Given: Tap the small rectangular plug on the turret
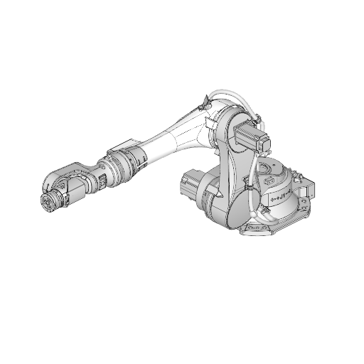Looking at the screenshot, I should (270, 184).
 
